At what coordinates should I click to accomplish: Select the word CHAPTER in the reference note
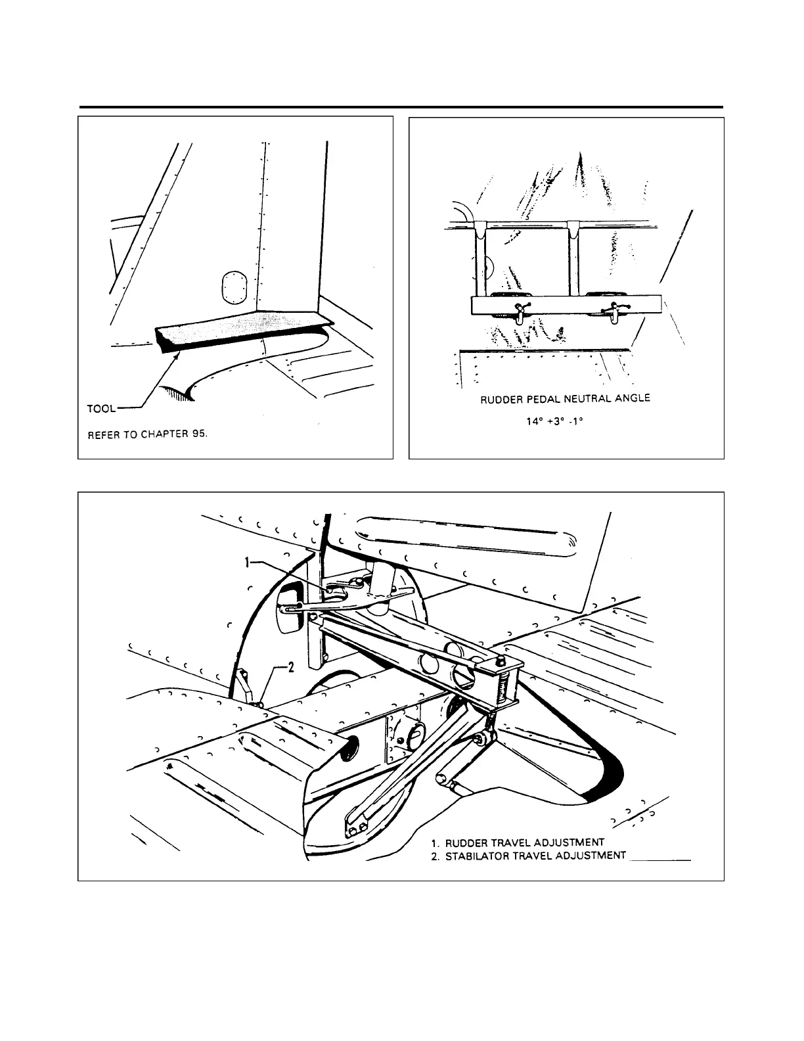pyautogui.click(x=164, y=434)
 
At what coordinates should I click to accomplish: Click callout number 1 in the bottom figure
pyautogui.click(x=248, y=563)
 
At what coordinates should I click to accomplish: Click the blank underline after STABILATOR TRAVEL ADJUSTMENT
pyautogui.click(x=660, y=858)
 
